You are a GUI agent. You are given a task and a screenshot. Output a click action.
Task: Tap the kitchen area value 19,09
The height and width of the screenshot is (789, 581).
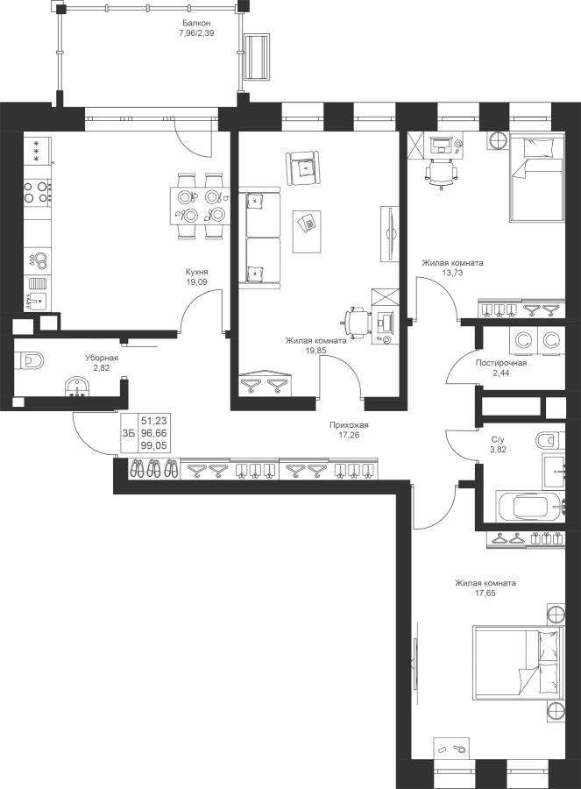[196, 282]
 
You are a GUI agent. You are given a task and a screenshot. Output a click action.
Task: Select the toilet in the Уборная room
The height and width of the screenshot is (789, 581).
[30, 361]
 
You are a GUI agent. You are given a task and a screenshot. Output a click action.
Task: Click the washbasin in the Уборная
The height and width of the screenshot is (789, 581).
[78, 387]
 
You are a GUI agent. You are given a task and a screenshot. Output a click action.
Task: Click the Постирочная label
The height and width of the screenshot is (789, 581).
[501, 363]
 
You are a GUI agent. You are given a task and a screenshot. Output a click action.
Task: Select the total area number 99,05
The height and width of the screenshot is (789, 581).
[154, 445]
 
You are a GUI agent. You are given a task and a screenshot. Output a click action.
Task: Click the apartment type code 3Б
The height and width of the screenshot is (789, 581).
[129, 433]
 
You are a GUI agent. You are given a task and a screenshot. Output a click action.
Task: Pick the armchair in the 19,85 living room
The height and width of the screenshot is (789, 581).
[303, 168]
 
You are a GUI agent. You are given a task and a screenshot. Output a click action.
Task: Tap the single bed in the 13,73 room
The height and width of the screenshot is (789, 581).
[536, 176]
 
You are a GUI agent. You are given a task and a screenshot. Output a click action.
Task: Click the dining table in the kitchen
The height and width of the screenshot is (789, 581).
[200, 206]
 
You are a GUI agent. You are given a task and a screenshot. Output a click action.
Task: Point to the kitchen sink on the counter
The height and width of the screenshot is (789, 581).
[36, 301]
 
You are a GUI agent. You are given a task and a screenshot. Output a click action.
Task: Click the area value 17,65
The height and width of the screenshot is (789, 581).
[485, 594]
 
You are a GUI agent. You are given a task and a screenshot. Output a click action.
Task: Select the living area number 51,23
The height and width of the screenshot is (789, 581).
[154, 421]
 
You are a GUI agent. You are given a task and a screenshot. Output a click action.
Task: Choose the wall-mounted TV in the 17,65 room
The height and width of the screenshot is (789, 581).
[416, 667]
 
